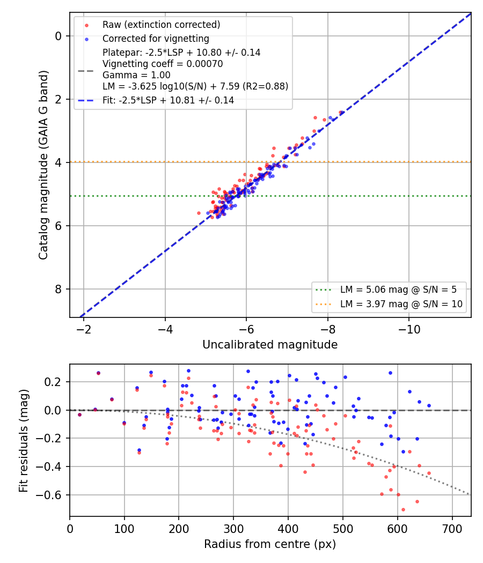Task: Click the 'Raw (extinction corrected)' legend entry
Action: pyautogui.click(x=161, y=25)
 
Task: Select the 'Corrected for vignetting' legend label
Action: pyautogui.click(x=156, y=39)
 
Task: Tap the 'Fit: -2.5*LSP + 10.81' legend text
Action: pyautogui.click(x=168, y=100)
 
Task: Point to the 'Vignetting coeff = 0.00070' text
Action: pyautogui.click(x=163, y=64)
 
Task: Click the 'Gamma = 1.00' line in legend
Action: pyautogui.click(x=136, y=75)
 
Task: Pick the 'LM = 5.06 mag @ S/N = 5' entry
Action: pyautogui.click(x=398, y=290)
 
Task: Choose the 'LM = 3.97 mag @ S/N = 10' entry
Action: pyautogui.click(x=401, y=304)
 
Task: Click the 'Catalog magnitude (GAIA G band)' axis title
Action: pyautogui.click(x=43, y=165)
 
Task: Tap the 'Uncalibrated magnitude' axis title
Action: pyautogui.click(x=270, y=345)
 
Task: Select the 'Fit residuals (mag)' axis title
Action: pyautogui.click(x=24, y=441)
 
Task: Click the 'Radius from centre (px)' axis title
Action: pyautogui.click(x=270, y=544)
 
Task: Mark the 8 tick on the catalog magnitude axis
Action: pyautogui.click(x=58, y=289)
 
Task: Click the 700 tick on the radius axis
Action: pyautogui.click(x=452, y=529)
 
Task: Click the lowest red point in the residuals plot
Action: pyautogui.click(x=403, y=509)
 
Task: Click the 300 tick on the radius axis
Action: pyautogui.click(x=233, y=529)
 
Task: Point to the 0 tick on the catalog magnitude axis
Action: pyautogui.click(x=58, y=36)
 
